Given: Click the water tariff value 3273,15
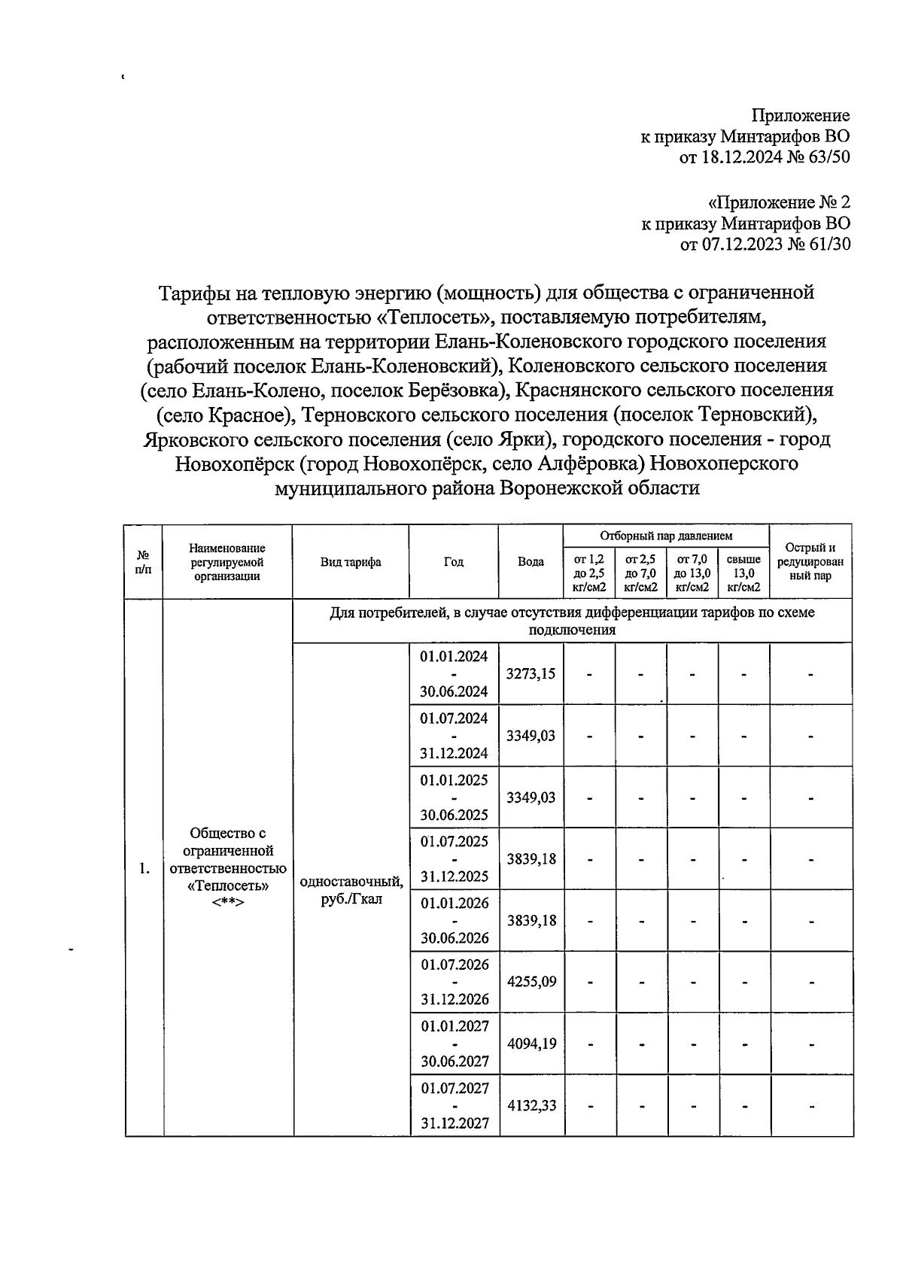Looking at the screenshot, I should tap(531, 673).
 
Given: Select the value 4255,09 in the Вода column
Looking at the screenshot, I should tap(531, 982).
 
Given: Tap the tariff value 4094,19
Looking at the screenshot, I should tap(531, 1044).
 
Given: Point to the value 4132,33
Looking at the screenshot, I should tap(531, 1105).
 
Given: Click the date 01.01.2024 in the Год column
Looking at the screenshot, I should tap(454, 656).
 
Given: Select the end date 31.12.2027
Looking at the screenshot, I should tap(454, 1123).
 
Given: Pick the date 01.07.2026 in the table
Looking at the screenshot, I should tap(454, 965).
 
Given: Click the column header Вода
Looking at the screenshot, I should tap(531, 562).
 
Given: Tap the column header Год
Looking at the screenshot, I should tap(454, 562).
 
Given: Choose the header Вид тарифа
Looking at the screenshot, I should tap(351, 562).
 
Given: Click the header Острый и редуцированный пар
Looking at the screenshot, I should tap(810, 562).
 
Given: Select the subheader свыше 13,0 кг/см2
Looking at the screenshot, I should tap(743, 573).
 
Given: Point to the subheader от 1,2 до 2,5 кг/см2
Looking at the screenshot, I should tap(589, 573).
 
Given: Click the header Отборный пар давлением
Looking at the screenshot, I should tap(666, 536).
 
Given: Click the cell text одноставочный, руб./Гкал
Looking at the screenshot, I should tap(351, 890).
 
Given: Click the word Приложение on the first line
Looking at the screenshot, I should tap(801, 116).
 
